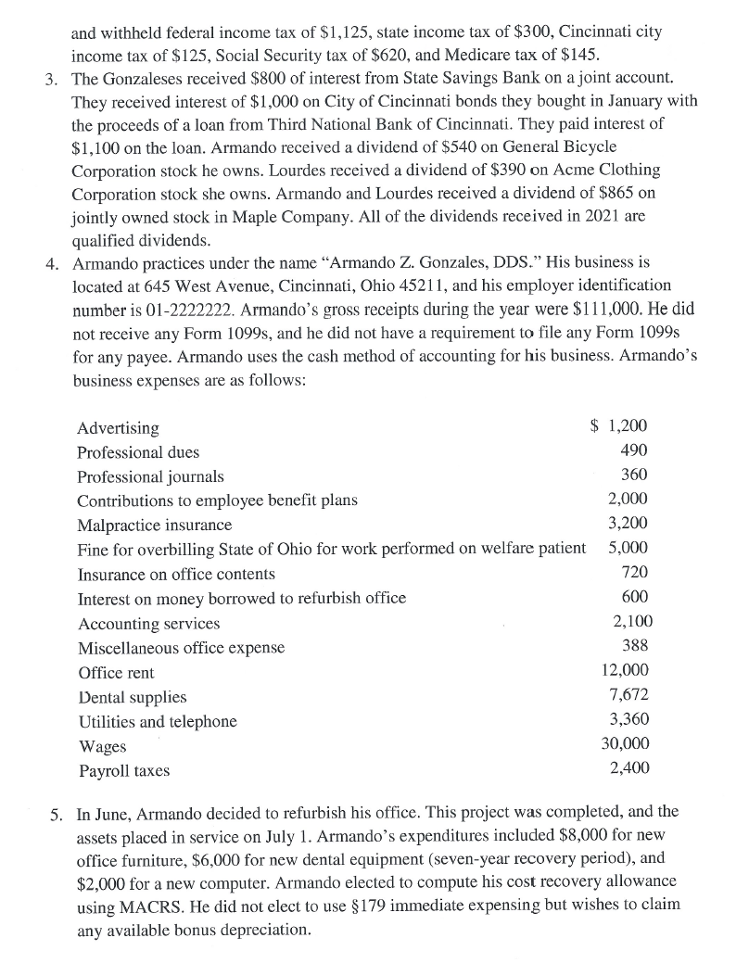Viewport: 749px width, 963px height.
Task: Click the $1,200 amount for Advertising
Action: (x=619, y=427)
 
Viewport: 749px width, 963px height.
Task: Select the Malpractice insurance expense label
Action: (x=155, y=525)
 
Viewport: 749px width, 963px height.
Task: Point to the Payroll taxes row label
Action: (x=124, y=770)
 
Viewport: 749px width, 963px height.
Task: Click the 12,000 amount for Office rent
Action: (x=626, y=670)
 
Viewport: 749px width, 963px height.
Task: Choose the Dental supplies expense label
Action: (x=133, y=697)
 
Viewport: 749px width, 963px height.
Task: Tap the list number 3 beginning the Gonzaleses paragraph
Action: (x=52, y=75)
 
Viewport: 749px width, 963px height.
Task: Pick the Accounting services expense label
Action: (x=149, y=623)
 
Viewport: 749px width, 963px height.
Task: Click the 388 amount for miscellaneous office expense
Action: (x=634, y=646)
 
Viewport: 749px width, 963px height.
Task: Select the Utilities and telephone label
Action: (x=157, y=721)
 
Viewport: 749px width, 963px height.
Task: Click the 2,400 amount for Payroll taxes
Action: (x=629, y=767)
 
